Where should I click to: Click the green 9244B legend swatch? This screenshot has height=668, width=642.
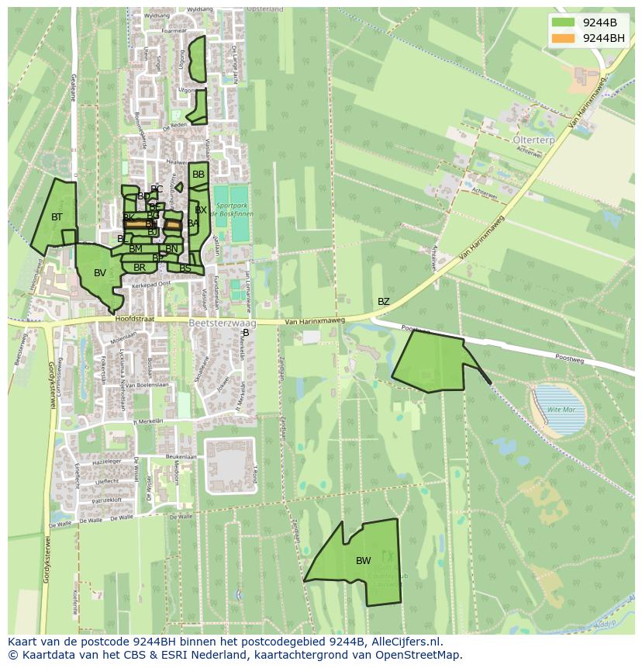[564, 22]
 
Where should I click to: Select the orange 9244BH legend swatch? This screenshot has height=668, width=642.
[564, 38]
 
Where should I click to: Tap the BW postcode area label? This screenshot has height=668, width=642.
[363, 560]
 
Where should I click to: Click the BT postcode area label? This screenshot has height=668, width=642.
[57, 217]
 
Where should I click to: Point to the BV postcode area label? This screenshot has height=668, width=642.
[100, 273]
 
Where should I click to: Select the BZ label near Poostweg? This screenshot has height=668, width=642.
[384, 301]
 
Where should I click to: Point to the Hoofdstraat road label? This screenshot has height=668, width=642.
[133, 318]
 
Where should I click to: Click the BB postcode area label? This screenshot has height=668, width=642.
[198, 175]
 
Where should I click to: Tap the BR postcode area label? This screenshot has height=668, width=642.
[140, 268]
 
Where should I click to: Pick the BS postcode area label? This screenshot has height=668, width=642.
[185, 268]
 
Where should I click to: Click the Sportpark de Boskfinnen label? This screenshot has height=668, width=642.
[232, 209]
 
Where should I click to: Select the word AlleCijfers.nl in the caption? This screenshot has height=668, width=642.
[404, 642]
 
